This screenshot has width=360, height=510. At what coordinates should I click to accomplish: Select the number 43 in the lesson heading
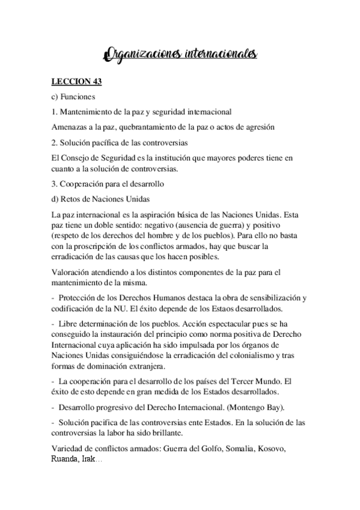click(94, 82)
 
